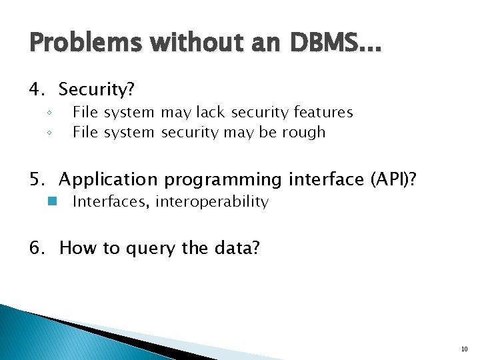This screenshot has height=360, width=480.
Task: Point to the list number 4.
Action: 37,89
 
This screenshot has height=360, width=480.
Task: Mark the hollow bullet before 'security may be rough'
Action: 49,133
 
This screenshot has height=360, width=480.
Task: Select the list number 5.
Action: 37,179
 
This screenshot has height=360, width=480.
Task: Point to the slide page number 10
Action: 464,349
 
